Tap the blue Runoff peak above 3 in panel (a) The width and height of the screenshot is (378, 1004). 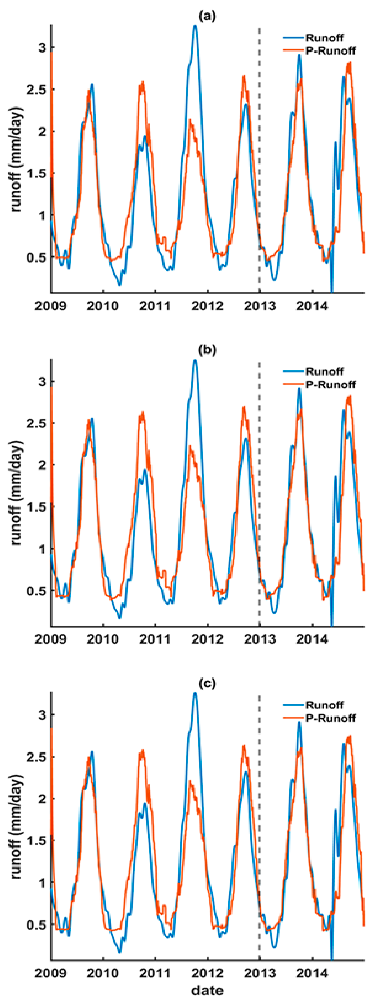click(195, 26)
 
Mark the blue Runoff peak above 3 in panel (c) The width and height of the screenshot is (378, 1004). click(195, 694)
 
